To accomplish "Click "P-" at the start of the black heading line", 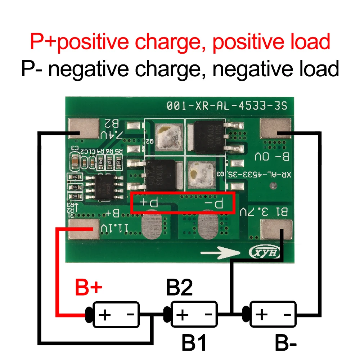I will click(x=32, y=68).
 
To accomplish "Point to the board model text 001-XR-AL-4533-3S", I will click(x=227, y=106).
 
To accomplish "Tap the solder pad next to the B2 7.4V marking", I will click(x=83, y=129).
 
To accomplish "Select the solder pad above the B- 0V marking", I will click(x=275, y=129).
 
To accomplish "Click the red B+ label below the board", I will click(x=89, y=288).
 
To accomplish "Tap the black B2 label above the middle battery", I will click(x=179, y=288).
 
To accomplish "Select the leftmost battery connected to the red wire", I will click(x=116, y=314).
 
